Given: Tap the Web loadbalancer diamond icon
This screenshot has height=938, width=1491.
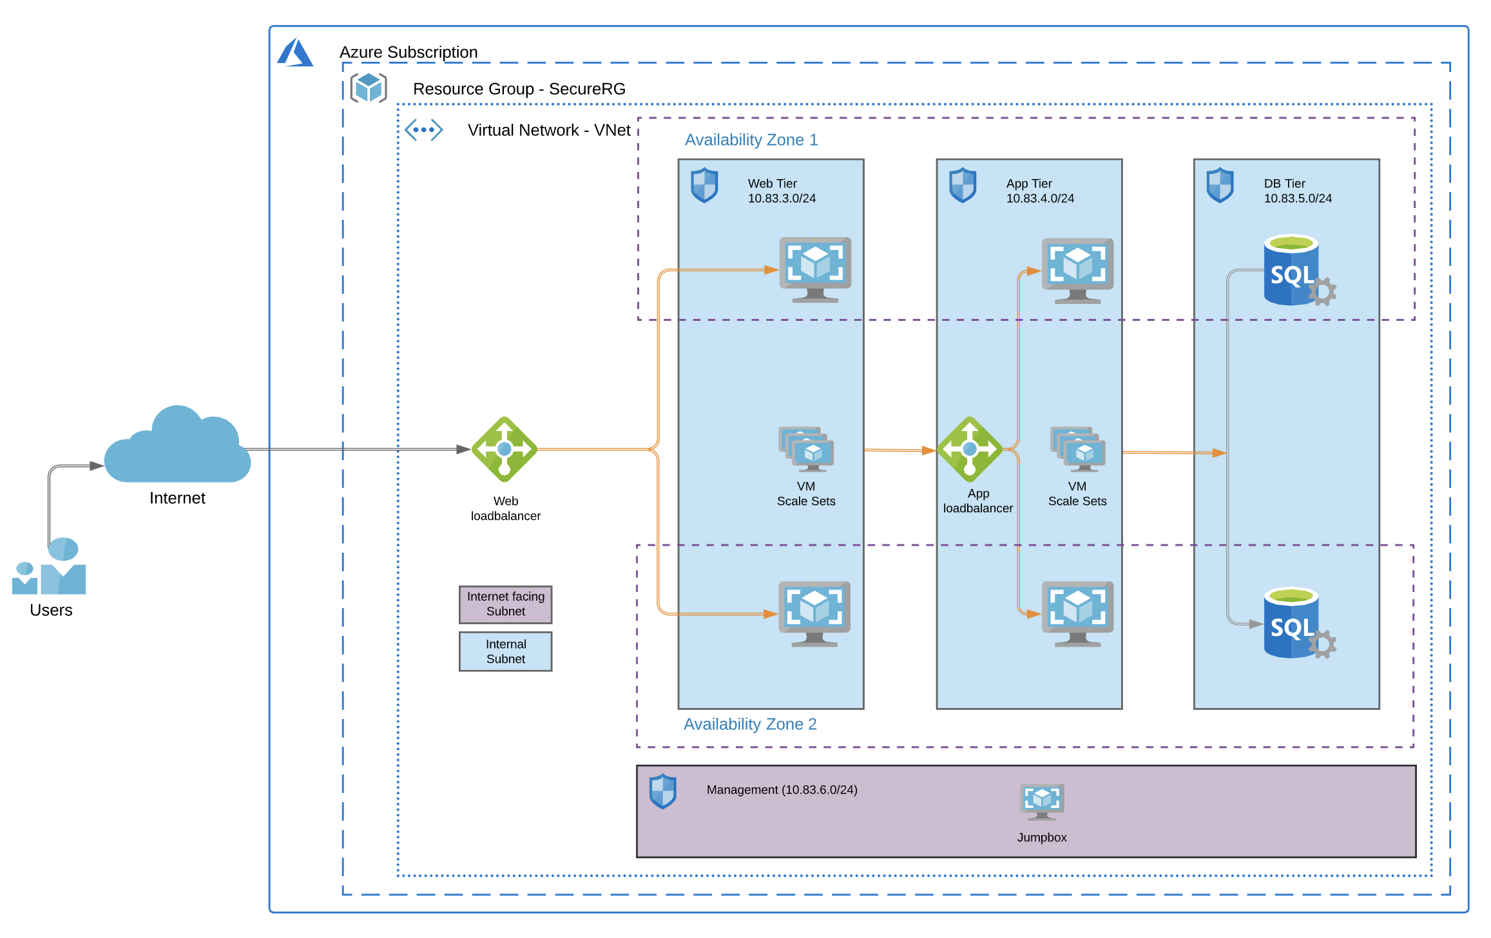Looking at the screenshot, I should [x=505, y=449].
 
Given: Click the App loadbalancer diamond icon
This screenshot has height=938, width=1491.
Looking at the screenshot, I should [x=969, y=449].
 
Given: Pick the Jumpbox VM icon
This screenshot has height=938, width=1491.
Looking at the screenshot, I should [x=1042, y=801].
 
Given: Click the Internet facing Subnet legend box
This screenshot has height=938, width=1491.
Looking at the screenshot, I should [x=506, y=604].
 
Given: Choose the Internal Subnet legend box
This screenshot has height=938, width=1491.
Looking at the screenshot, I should [x=506, y=651].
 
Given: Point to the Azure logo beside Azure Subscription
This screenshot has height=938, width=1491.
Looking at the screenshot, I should [x=295, y=52].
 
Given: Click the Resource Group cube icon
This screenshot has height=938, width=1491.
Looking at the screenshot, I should [x=369, y=88].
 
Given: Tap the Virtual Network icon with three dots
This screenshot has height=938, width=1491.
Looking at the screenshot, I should [x=423, y=130].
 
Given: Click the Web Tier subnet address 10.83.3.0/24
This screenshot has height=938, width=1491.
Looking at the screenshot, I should [x=782, y=198].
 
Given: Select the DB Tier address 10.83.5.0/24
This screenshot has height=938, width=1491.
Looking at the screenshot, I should [x=1298, y=198].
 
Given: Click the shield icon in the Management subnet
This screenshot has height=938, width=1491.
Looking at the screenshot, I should [x=662, y=790].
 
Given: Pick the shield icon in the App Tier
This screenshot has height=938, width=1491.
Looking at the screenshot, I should [x=963, y=185].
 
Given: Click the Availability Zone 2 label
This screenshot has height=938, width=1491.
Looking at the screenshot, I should [x=750, y=724].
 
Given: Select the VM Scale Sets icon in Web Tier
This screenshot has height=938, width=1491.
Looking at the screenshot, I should [x=806, y=448].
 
